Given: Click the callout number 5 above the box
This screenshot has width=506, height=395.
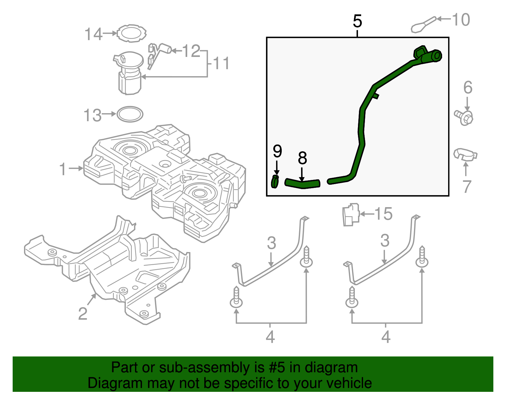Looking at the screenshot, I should coord(357,22).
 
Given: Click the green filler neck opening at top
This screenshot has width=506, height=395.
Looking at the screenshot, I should coord(436,56).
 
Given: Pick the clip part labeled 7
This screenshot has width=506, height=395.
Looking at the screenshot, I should coord(465,154).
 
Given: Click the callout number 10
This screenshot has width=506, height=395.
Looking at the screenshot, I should coord(461,20).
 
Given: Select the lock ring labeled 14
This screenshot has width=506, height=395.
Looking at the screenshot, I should coord(131,33).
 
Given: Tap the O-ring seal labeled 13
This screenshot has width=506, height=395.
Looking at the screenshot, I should coord(130,114).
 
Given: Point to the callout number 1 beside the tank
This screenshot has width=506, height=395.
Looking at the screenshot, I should coord(63,169).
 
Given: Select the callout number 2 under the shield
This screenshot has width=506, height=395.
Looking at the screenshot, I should coord(83,313).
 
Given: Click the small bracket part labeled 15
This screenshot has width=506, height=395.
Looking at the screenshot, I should coord(351,215).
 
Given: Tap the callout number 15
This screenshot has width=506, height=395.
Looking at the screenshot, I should coord(383,214).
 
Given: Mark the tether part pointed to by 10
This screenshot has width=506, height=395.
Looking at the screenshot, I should coord(424,25).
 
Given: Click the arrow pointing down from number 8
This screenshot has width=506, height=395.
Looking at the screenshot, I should coord(302,175).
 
